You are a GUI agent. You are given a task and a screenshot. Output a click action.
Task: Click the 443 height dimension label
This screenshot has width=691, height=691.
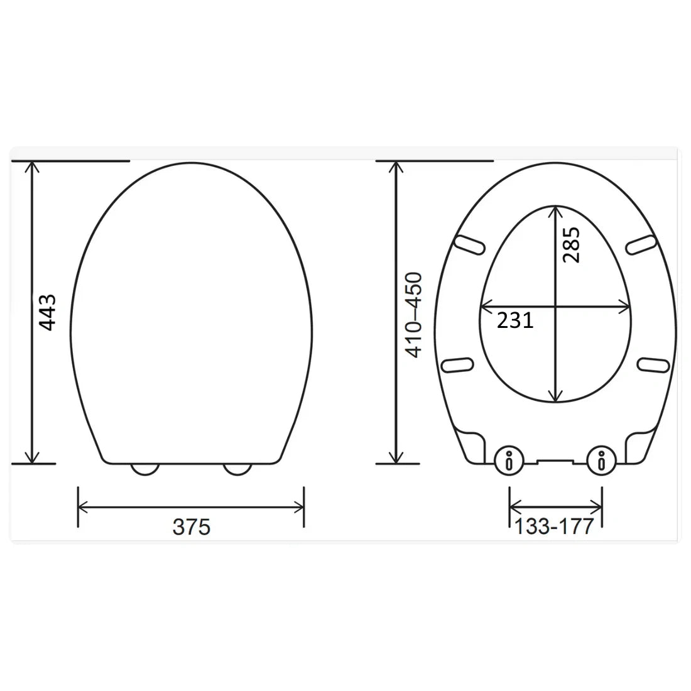[47, 312]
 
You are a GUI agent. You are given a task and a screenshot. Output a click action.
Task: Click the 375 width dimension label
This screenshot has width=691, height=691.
[191, 526]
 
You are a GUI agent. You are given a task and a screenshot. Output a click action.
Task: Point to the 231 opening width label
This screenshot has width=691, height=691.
[515, 321]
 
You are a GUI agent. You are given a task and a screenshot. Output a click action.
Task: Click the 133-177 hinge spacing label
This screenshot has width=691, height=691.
[554, 526]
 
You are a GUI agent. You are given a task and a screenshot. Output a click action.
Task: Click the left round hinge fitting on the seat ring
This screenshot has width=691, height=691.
[509, 462]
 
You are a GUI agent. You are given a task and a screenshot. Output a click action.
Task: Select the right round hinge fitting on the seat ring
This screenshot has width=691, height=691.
[601, 462]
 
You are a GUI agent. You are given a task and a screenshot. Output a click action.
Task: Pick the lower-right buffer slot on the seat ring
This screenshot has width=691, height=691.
[653, 365]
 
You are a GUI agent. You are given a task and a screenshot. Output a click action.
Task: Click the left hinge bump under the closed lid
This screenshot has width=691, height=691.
[144, 469]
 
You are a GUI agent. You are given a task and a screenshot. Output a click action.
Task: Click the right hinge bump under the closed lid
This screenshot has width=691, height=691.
[237, 469]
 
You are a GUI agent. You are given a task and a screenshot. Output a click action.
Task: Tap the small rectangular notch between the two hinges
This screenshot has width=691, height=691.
[555, 462]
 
